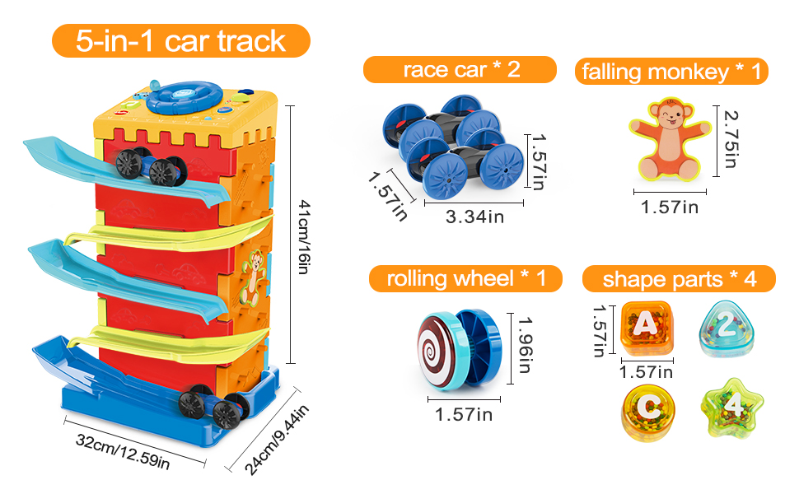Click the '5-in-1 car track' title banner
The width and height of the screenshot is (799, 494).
point(180,40)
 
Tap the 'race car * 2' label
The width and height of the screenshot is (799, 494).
point(460,69)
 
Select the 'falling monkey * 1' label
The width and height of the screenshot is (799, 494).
point(671,72)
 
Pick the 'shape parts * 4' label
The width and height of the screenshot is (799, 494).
point(679,278)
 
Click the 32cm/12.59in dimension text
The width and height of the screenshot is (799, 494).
point(123,450)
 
